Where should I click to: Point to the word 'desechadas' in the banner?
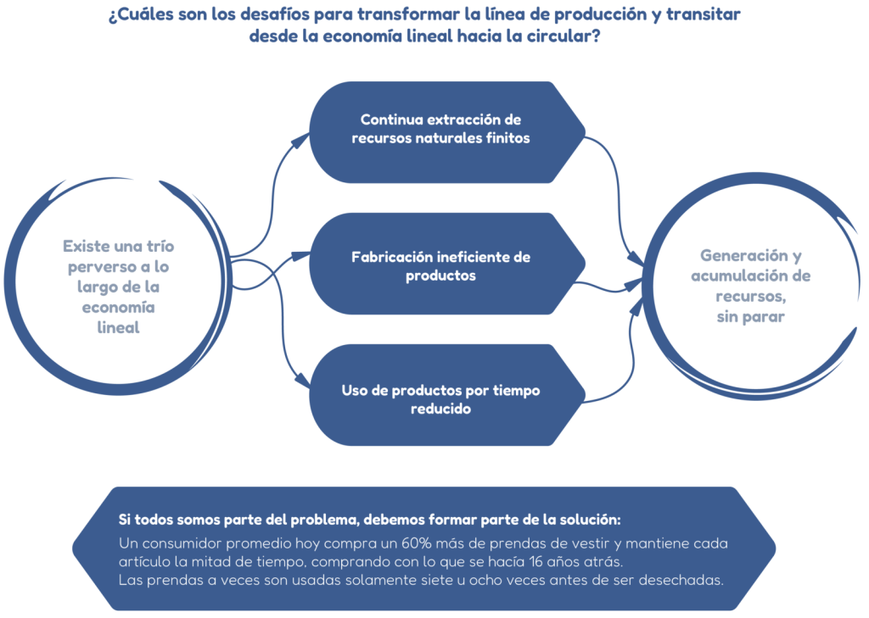[x=680, y=581]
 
